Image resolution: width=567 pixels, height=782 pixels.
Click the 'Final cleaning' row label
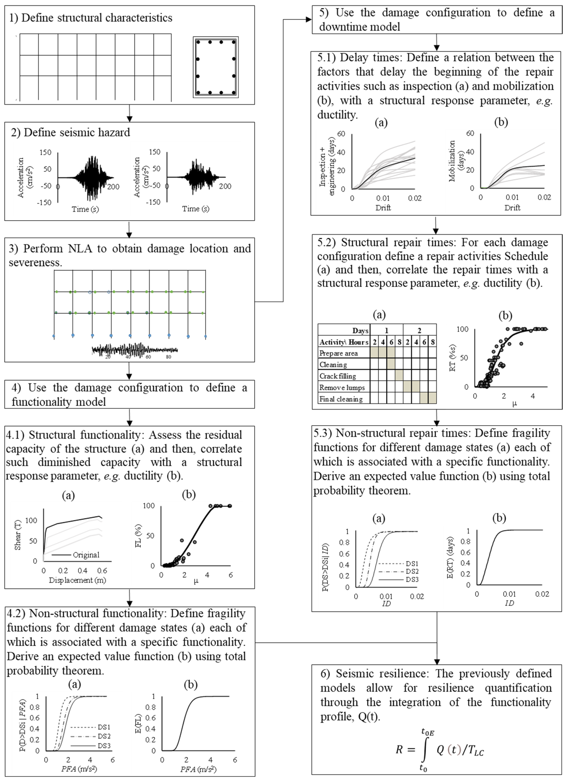[x=341, y=399]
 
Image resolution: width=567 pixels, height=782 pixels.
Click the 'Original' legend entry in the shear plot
[x=86, y=555]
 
